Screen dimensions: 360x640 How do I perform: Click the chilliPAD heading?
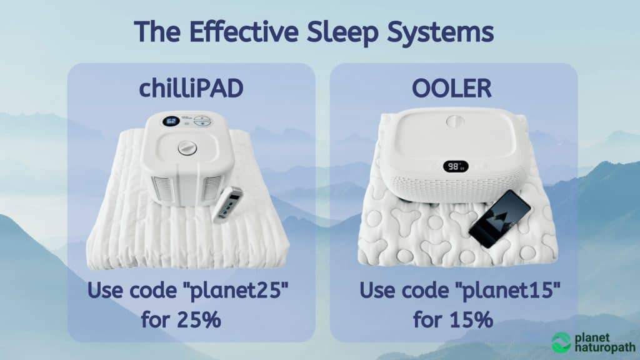pos(191,90)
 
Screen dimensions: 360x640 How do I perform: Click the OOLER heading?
pos(452,90)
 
